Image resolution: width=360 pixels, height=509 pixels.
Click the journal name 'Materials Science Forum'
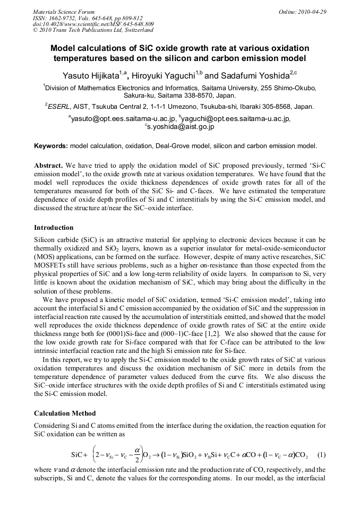click(64, 11)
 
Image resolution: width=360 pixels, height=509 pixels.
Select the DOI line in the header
click(93, 24)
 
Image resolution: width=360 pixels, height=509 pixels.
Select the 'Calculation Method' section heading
click(65, 412)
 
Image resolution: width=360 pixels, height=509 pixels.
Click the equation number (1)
click(321, 455)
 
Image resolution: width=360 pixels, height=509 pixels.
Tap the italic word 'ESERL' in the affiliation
click(60, 106)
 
